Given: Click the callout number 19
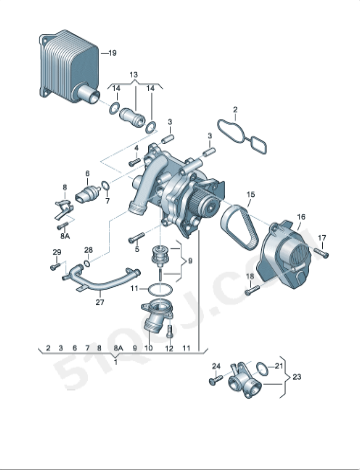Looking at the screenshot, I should [x=112, y=51].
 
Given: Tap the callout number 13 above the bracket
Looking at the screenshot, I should [x=134, y=74].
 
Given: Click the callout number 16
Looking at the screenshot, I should [x=301, y=215].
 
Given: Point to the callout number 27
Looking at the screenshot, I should [x=99, y=301].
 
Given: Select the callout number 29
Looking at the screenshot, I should [x=56, y=251].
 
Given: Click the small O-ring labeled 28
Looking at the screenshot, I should [x=89, y=264].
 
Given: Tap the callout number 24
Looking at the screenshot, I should [x=214, y=367].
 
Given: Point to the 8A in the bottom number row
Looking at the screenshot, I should [x=119, y=346].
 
